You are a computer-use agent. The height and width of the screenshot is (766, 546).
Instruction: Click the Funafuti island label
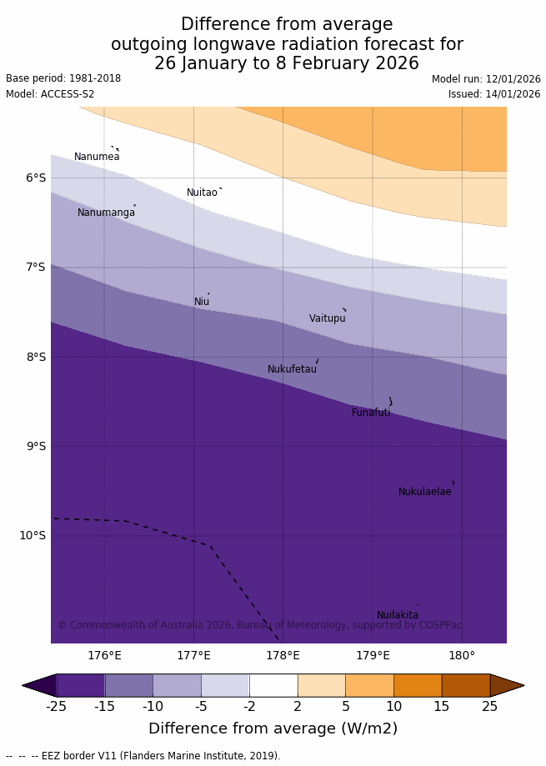point(370,413)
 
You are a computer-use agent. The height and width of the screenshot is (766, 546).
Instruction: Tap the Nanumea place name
point(97,157)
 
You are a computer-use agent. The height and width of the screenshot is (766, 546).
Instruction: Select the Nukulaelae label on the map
point(424,492)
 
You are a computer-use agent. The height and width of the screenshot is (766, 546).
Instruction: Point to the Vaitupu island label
point(327,318)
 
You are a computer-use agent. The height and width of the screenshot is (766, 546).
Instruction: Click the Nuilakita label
point(398,615)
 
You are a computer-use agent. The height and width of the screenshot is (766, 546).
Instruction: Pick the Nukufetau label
point(292,369)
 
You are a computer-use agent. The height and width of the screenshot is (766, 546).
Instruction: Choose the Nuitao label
point(202,193)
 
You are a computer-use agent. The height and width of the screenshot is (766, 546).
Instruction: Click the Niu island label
point(202,302)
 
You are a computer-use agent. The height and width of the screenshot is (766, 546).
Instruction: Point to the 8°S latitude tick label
point(35,357)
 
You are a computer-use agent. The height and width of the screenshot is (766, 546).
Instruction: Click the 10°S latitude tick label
point(33,535)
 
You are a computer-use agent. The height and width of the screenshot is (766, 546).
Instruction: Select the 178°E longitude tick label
point(283,655)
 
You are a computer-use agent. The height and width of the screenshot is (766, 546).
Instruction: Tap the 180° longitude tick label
point(462,655)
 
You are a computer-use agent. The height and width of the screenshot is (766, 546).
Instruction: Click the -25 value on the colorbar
point(56,707)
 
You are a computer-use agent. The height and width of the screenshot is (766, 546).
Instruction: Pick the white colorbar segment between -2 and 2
point(273,685)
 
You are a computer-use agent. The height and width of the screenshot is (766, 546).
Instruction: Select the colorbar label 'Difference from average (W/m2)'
point(273,728)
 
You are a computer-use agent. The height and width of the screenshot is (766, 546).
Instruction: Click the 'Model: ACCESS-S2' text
point(50,94)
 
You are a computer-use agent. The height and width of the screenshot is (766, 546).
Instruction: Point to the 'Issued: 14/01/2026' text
point(494,94)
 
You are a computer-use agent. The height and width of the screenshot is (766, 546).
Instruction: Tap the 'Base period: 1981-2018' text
point(63,78)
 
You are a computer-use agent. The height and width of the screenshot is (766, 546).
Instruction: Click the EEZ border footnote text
point(143,756)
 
